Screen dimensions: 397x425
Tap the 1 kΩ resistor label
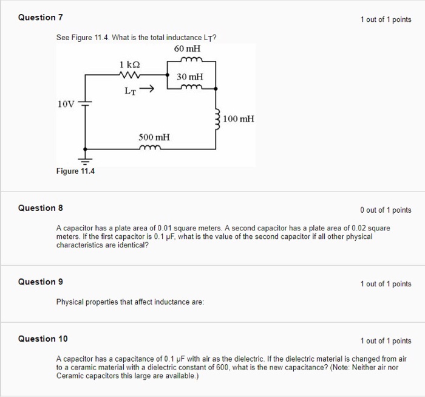click(x=130, y=64)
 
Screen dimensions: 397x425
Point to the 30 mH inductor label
click(x=190, y=77)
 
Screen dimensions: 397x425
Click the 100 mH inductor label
click(x=239, y=119)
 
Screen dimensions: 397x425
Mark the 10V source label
click(x=66, y=103)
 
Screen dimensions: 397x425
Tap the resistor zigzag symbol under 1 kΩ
click(x=131, y=75)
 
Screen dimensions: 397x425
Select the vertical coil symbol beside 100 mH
click(x=217, y=117)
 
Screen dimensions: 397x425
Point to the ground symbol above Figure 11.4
click(x=85, y=160)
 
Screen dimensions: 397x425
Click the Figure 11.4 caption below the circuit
click(x=75, y=171)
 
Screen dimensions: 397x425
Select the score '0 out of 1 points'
click(x=385, y=210)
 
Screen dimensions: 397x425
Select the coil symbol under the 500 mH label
click(x=149, y=147)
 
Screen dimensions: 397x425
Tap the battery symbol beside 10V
click(x=85, y=103)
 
